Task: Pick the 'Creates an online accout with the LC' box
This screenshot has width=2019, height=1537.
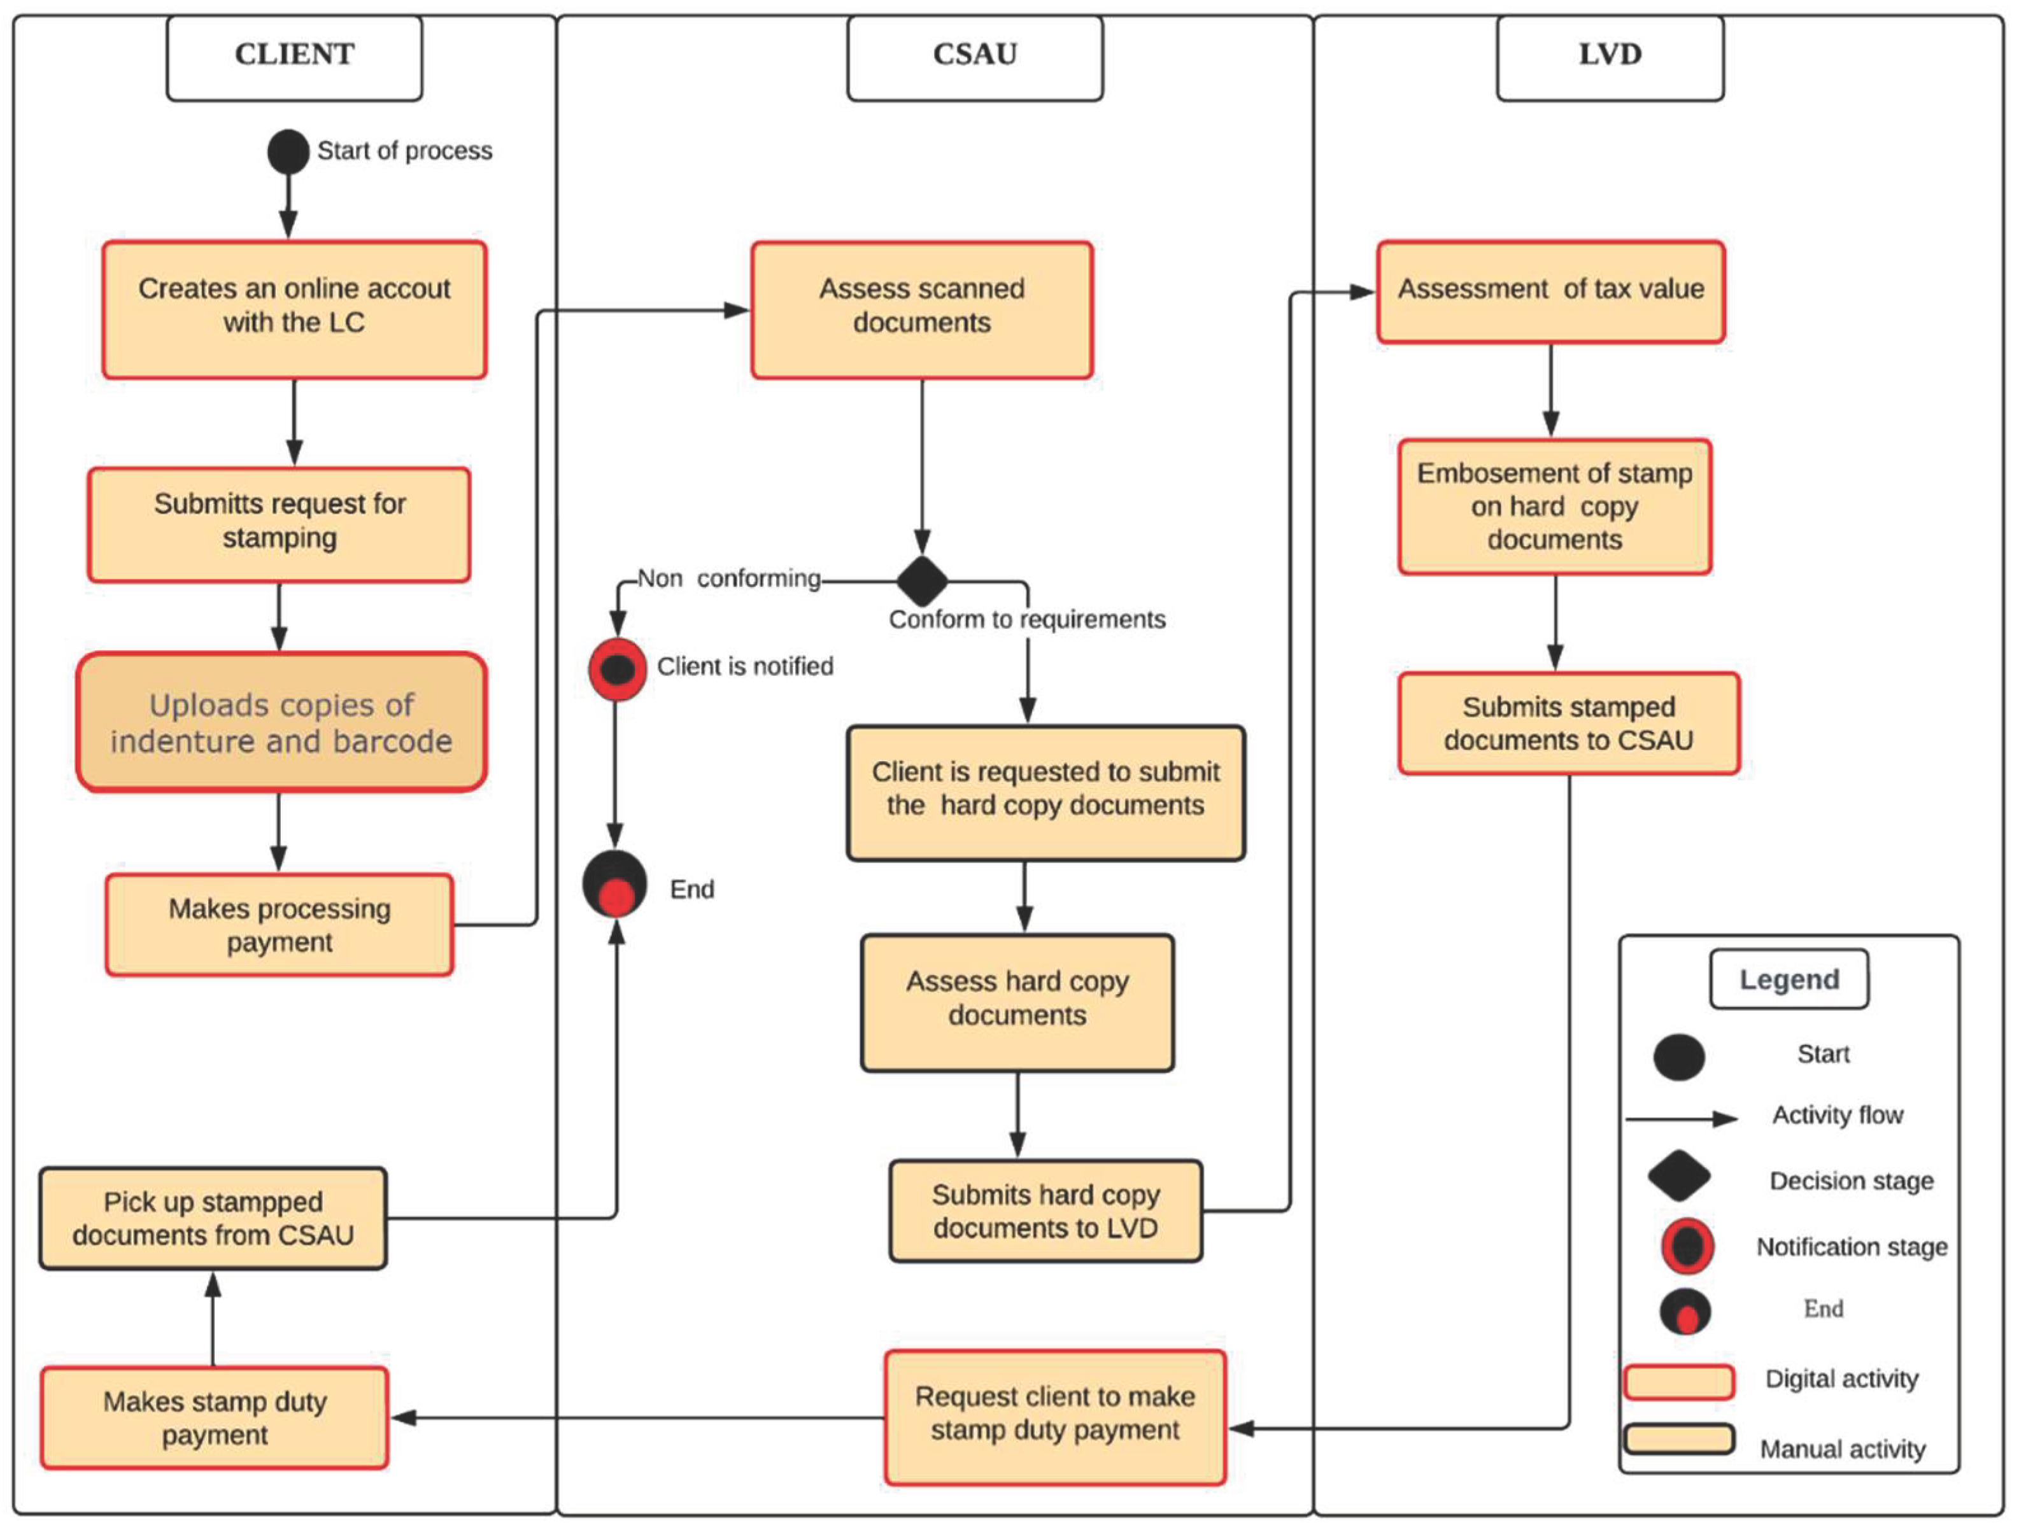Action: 294,309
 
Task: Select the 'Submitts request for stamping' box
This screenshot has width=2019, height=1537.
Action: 279,524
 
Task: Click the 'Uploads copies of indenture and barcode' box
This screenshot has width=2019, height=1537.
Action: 281,722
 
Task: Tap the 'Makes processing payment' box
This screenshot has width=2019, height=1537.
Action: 279,925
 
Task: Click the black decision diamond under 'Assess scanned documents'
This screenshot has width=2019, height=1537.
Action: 922,581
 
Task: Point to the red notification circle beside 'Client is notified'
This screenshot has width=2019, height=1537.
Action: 617,670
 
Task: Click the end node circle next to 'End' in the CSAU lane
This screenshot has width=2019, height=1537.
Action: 615,885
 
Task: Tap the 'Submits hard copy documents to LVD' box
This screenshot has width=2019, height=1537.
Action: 1045,1211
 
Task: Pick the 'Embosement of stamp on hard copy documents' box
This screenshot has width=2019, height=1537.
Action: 1554,507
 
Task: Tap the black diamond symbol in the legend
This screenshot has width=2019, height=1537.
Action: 1678,1177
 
